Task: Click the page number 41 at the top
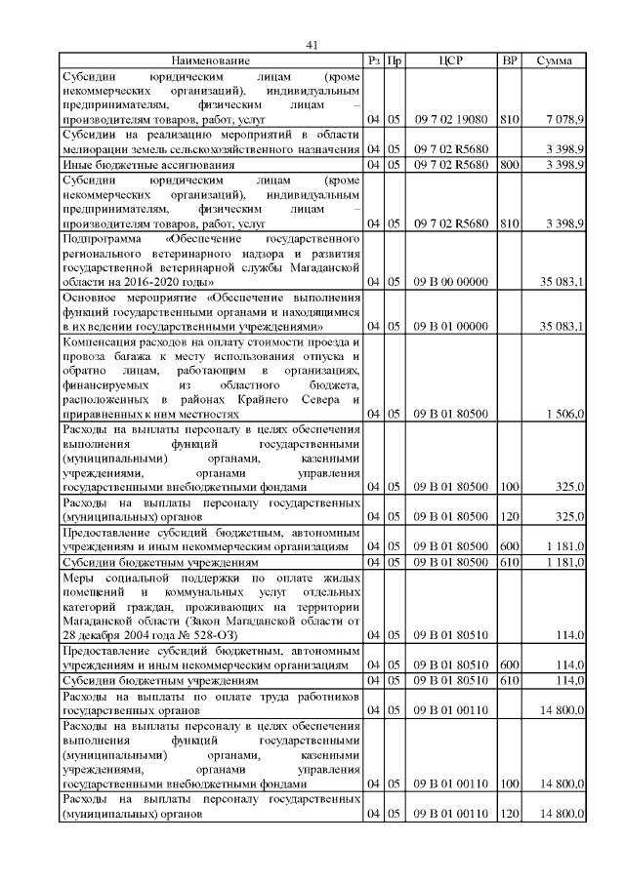coord(312,45)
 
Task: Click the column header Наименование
coord(210,60)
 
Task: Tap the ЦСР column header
coord(450,60)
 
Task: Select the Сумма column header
coord(554,60)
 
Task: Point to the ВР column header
coord(509,60)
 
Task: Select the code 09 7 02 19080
coord(450,119)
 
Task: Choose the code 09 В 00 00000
coord(450,282)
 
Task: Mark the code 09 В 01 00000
coord(450,326)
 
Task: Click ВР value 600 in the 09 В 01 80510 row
coord(508,664)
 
